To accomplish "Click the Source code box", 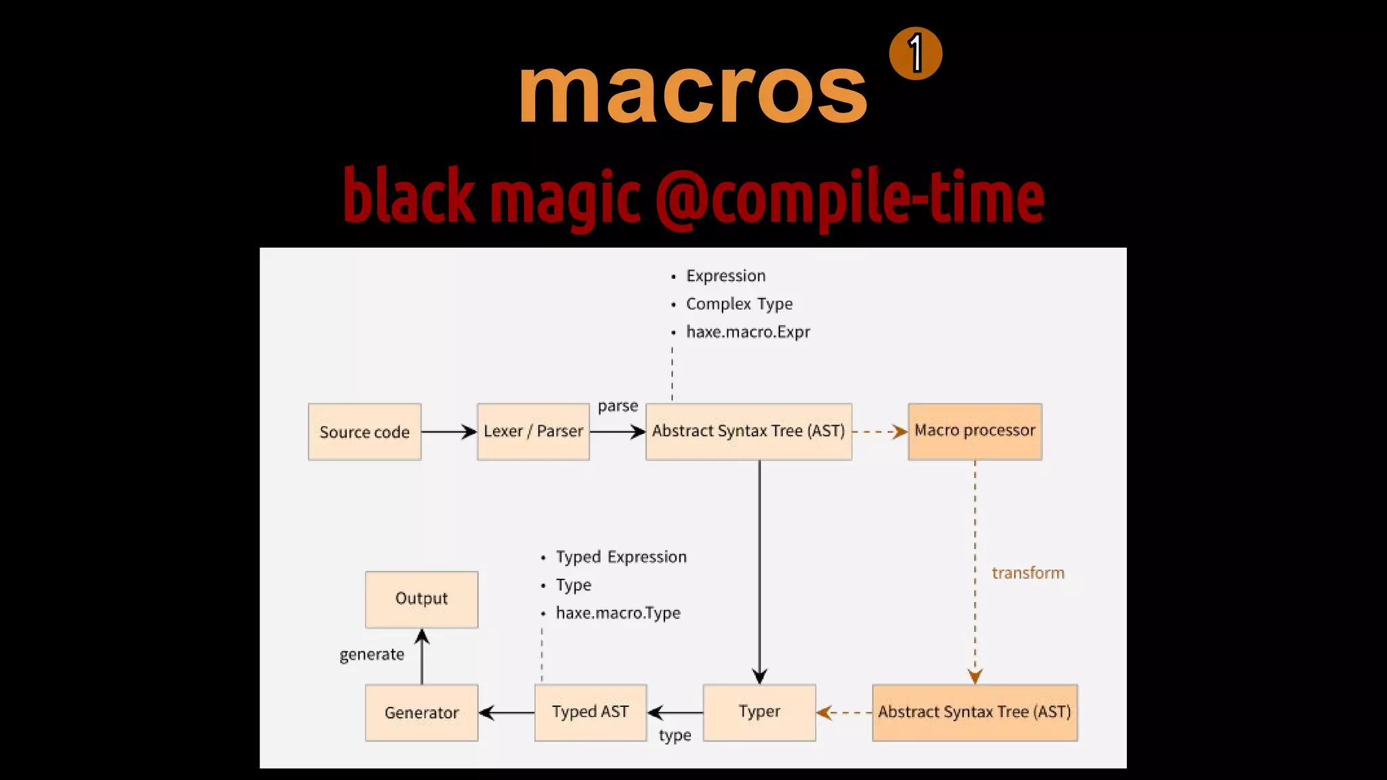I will click(x=364, y=432).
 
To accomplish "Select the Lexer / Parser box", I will click(x=533, y=432).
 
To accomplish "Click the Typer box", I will click(x=759, y=712).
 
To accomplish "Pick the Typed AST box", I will click(x=590, y=712).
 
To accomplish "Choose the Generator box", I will click(x=421, y=712).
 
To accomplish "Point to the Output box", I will click(x=421, y=599).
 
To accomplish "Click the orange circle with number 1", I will click(x=916, y=53).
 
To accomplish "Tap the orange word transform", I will click(x=1027, y=573).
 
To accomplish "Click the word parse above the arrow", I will click(x=618, y=406).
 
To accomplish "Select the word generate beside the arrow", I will click(x=372, y=655).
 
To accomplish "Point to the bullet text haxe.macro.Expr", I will click(x=748, y=332).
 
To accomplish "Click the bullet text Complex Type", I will click(x=739, y=304).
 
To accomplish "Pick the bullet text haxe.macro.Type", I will click(x=618, y=613).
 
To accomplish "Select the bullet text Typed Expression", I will click(x=621, y=557).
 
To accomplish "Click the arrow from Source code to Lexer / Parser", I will click(x=449, y=432).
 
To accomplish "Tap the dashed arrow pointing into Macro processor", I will click(x=880, y=432).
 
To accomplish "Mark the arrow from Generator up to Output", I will click(x=422, y=657).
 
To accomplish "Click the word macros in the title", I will click(x=692, y=91).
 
